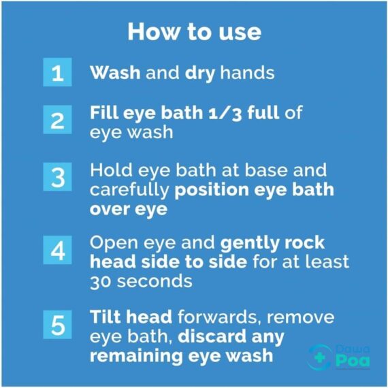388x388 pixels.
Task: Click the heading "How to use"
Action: (x=194, y=32)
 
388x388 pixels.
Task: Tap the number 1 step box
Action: (x=58, y=73)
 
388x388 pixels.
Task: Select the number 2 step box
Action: (x=58, y=121)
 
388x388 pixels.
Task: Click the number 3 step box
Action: (x=58, y=178)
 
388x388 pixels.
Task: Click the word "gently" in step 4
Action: (x=256, y=243)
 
